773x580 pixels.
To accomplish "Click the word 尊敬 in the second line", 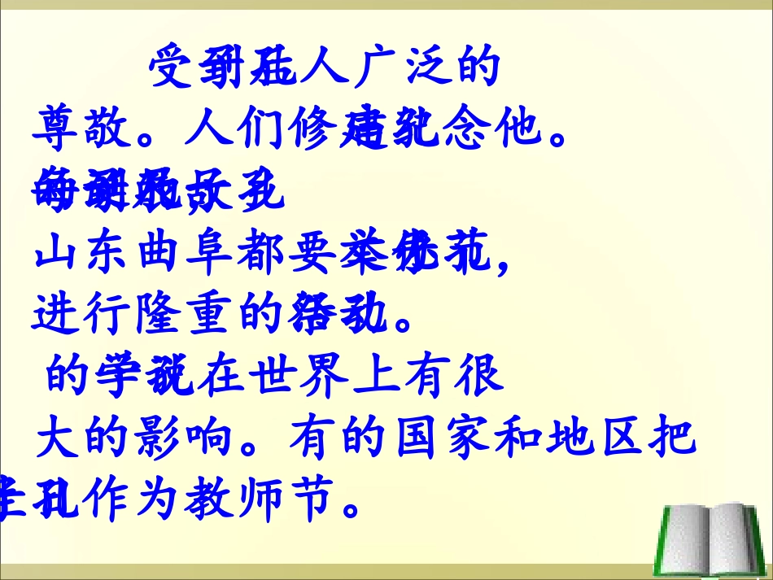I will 84,129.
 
